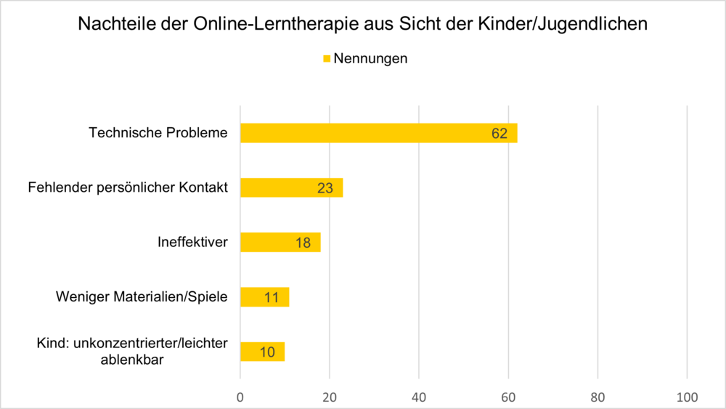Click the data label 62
tap(499, 134)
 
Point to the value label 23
tap(325, 188)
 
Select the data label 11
tap(271, 297)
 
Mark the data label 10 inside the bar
tap(266, 352)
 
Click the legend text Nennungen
tap(370, 59)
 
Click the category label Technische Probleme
tap(158, 133)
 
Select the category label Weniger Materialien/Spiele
tap(142, 296)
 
